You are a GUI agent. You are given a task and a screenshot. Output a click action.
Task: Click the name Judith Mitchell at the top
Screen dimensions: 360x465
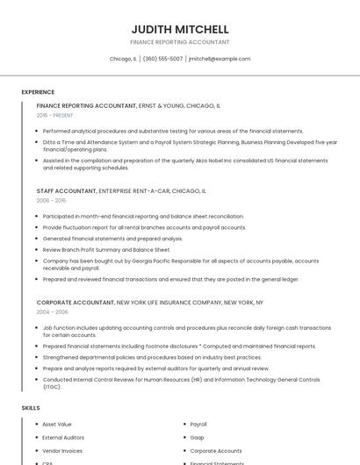180,29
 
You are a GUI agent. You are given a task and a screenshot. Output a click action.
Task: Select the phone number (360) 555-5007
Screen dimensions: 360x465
162,59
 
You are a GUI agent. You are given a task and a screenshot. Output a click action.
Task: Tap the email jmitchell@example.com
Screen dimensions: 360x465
220,59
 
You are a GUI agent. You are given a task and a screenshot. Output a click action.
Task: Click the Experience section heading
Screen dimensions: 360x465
38,92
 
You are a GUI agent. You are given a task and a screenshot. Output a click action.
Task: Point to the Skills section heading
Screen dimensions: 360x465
31,408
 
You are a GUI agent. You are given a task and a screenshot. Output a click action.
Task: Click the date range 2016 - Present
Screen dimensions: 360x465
54,116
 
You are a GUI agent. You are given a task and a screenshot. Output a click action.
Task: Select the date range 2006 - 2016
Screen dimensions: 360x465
51,201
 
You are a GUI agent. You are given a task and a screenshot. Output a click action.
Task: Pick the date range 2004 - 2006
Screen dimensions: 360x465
52,312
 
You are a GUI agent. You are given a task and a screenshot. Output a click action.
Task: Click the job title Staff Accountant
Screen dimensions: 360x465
66,190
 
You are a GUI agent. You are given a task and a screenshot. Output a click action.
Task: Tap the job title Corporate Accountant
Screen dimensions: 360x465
76,302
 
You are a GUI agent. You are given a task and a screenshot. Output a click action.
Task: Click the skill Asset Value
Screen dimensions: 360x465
57,424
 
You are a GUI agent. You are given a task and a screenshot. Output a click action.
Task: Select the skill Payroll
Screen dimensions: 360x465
198,424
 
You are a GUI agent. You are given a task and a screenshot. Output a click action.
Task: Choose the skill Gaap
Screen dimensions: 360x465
198,437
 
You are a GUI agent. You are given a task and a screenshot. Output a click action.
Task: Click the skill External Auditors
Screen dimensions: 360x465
63,437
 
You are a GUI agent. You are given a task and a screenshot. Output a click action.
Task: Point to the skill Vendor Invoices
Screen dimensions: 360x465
62,450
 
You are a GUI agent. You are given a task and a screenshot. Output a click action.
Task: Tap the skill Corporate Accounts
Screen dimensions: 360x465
216,450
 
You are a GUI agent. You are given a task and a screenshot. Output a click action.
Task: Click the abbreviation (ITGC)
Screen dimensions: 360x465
52,387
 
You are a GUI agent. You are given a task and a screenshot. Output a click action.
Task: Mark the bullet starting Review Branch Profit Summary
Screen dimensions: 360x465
106,250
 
